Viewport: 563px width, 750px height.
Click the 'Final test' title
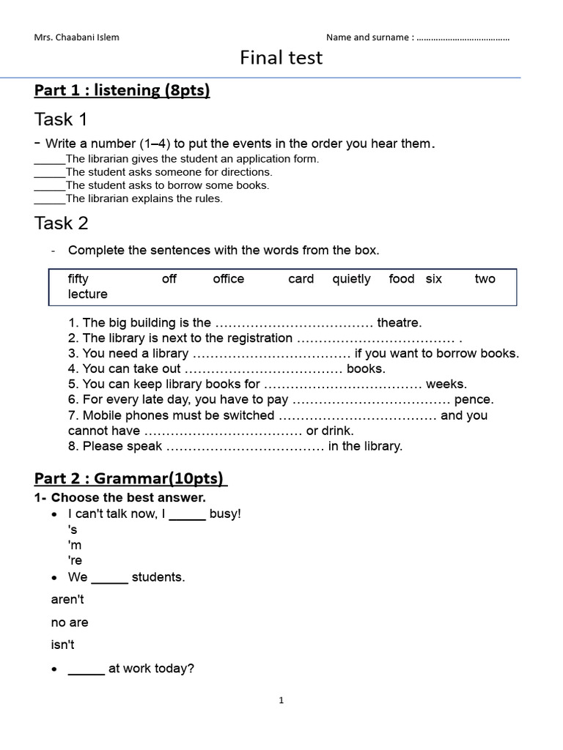[281, 58]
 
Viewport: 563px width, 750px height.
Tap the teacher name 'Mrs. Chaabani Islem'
[76, 37]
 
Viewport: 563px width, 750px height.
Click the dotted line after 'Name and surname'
[463, 37]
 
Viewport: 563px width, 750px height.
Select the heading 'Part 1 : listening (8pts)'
[122, 91]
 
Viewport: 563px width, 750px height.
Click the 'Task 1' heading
[61, 119]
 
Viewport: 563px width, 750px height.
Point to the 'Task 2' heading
[61, 223]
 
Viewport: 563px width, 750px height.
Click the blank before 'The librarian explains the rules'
[50, 198]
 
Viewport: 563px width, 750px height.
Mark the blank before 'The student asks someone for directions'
[50, 172]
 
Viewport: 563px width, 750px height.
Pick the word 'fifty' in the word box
[78, 279]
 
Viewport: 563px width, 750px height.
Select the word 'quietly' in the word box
[351, 279]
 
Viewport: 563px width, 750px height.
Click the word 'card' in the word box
[301, 279]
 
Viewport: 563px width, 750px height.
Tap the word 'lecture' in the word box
[87, 294]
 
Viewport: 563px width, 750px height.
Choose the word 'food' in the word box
[402, 279]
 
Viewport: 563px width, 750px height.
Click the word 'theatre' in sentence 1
[400, 323]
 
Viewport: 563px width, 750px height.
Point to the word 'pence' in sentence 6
[474, 400]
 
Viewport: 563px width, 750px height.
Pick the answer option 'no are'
[70, 623]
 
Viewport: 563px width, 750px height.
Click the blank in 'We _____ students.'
[110, 578]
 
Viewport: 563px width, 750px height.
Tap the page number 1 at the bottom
[281, 701]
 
